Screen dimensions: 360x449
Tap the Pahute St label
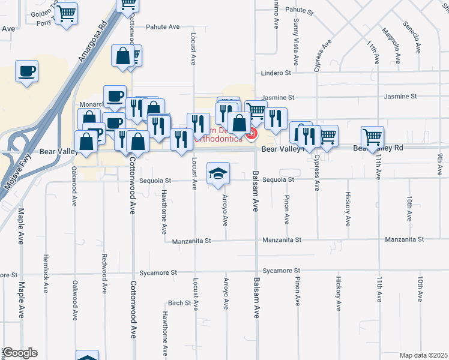coord(300,11)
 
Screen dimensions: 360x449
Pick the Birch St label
coord(179,303)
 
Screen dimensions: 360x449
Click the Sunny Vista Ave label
coord(296,42)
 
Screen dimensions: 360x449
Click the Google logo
coord(20,353)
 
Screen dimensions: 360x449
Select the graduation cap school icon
coord(218,173)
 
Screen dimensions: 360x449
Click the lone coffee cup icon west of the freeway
coord(27,71)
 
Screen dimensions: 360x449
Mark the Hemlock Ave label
coord(45,273)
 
